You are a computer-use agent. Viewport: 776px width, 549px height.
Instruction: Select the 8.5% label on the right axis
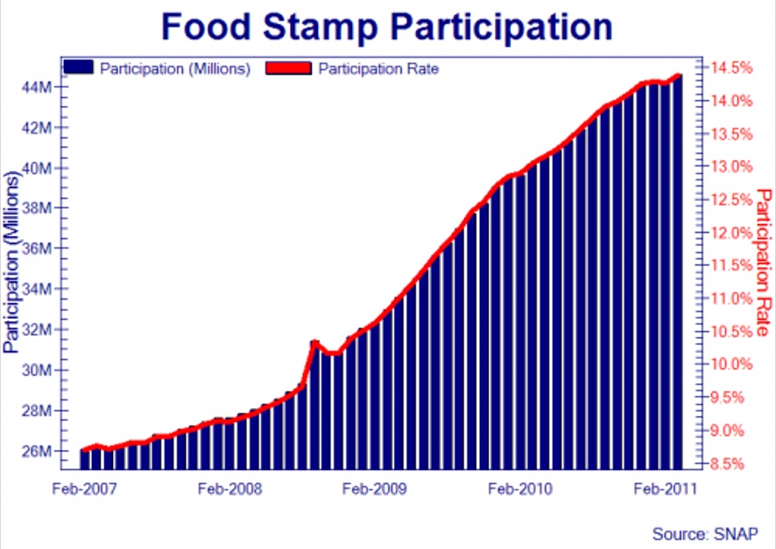(x=727, y=463)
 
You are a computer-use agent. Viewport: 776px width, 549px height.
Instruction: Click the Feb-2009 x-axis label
(x=375, y=489)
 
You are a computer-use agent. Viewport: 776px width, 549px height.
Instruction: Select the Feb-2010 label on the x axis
(x=520, y=489)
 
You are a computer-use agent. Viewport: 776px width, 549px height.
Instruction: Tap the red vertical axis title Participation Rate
(x=764, y=263)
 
